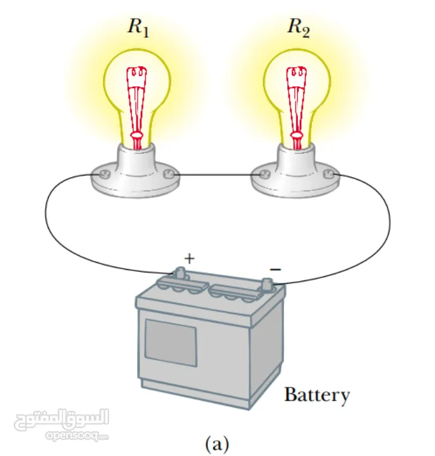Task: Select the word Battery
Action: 316,395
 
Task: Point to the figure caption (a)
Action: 217,443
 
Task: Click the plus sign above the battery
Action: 188,258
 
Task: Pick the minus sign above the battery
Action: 275,269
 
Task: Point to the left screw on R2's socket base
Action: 263,173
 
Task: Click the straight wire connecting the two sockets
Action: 216,174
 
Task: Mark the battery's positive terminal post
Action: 179,273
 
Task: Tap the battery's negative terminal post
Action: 266,282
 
